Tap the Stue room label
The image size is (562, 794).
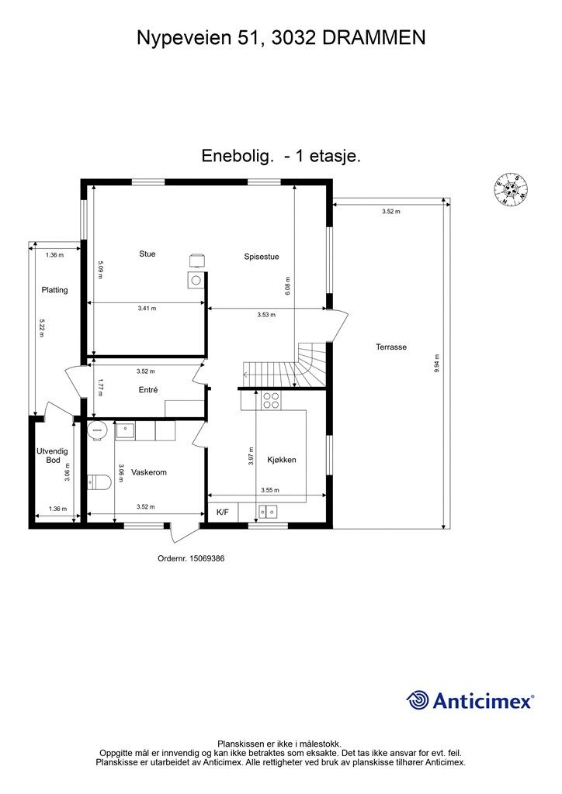tap(147, 254)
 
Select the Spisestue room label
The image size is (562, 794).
tap(262, 257)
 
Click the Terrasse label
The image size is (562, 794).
tap(391, 347)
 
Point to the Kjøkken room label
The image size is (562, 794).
tap(282, 460)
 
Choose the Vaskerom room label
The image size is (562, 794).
tap(149, 472)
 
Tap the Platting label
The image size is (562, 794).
tap(55, 290)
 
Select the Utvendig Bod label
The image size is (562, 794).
tap(54, 455)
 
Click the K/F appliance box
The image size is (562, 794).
tap(223, 512)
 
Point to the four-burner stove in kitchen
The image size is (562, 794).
tap(271, 400)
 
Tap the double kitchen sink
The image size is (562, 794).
tap(269, 511)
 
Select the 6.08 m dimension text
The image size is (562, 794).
tap(287, 286)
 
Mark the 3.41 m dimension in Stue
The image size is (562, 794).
tap(147, 309)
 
